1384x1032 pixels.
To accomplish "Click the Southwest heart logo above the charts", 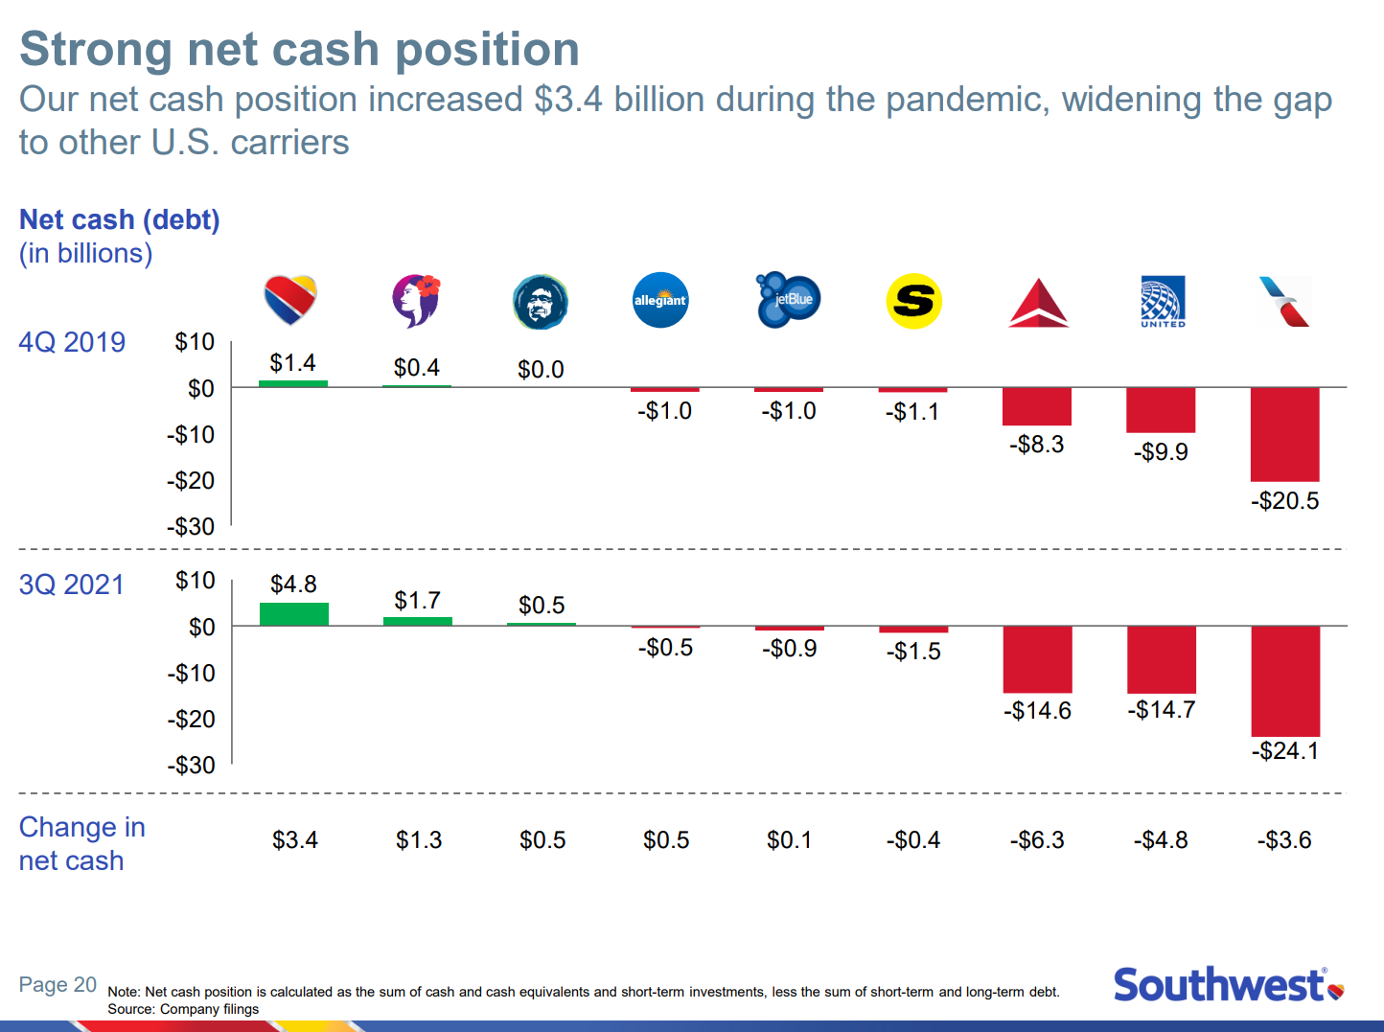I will tap(290, 300).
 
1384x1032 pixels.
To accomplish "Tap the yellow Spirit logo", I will tap(913, 301).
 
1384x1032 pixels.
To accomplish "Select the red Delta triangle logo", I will tap(1039, 304).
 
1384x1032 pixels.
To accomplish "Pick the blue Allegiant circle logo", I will tap(660, 300).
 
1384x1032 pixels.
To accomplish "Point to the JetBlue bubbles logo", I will tap(788, 300).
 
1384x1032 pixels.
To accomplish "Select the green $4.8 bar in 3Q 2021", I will tap(294, 614).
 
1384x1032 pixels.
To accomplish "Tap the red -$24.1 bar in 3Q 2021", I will tap(1285, 680).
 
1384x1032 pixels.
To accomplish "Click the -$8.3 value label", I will tap(1036, 445).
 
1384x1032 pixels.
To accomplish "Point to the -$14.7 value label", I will tap(1161, 710).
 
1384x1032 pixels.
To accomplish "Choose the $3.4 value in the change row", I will tap(294, 840).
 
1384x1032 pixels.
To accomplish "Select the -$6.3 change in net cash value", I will tap(1037, 840).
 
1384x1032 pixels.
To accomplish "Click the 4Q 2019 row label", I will tap(72, 342).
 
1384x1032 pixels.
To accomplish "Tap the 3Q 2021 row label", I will tap(72, 585).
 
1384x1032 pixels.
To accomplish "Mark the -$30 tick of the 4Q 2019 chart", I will tap(191, 527).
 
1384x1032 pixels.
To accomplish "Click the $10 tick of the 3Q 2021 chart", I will tap(195, 581).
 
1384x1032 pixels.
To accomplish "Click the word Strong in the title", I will tap(95, 49).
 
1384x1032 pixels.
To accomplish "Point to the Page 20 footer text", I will tap(58, 984).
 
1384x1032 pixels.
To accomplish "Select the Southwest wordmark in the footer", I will tap(1219, 985).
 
